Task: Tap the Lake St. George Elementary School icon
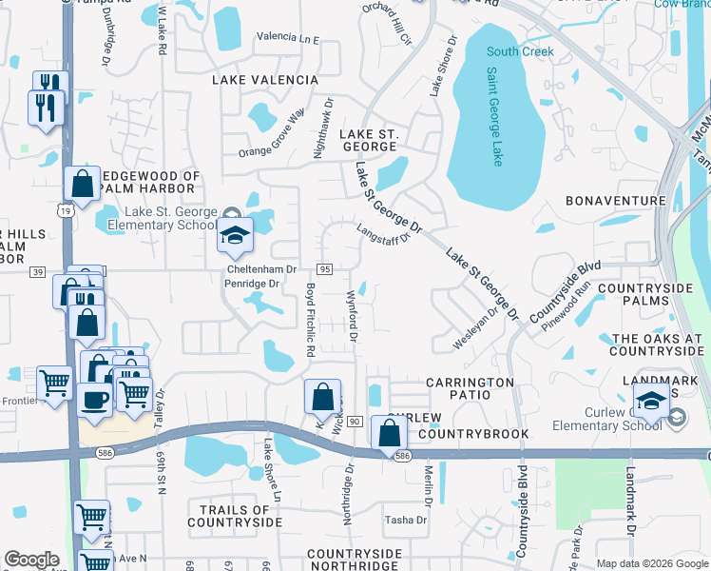coord(234,236)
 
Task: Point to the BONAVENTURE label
coord(615,201)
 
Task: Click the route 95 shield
coord(324,270)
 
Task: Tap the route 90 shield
coord(355,421)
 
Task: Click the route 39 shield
coord(37,271)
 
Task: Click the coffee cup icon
coord(95,398)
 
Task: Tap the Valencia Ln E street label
coord(288,38)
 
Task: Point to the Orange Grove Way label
coord(271,135)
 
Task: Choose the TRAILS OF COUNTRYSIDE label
coord(235,516)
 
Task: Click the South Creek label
coord(519,51)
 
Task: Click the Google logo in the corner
coord(31,560)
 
